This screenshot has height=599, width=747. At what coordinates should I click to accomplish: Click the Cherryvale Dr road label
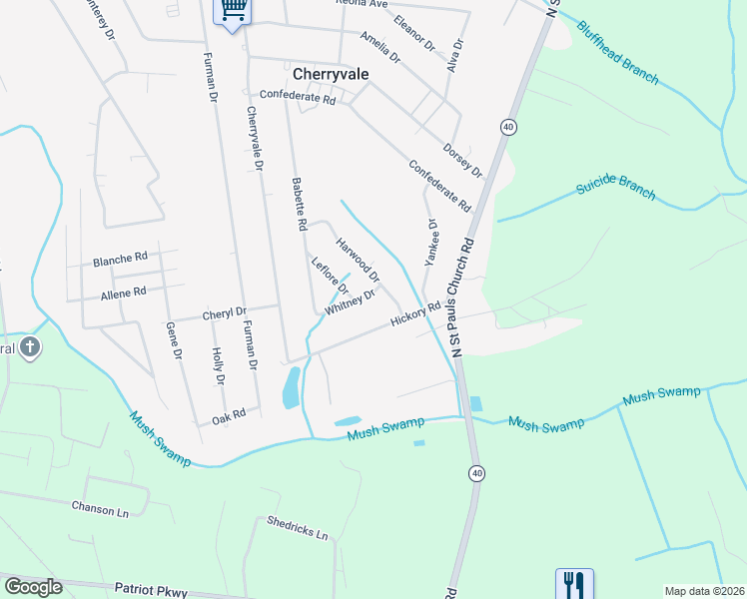[254, 139]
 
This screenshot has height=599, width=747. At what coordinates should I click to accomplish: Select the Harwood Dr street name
[358, 258]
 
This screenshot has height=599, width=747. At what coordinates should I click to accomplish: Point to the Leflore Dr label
[329, 277]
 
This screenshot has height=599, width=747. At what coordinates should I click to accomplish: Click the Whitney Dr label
[350, 302]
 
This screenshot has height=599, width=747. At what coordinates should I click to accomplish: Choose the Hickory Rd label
[415, 314]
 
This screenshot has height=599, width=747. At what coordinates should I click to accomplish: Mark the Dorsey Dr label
[462, 158]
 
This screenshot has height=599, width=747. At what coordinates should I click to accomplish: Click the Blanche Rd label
[120, 260]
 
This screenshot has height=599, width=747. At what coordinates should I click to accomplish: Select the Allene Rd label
[123, 293]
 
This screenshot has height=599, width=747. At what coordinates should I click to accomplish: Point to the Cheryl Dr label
[224, 313]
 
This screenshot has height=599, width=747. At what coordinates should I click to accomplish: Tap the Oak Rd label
[228, 416]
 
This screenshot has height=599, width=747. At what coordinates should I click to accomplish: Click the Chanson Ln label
[101, 508]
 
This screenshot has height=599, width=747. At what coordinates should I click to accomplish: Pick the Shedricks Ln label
[298, 527]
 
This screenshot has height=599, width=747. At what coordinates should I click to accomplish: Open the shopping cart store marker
[233, 10]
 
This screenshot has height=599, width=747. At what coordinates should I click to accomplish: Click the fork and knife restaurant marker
[574, 582]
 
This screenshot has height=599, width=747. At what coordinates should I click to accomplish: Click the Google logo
[34, 586]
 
